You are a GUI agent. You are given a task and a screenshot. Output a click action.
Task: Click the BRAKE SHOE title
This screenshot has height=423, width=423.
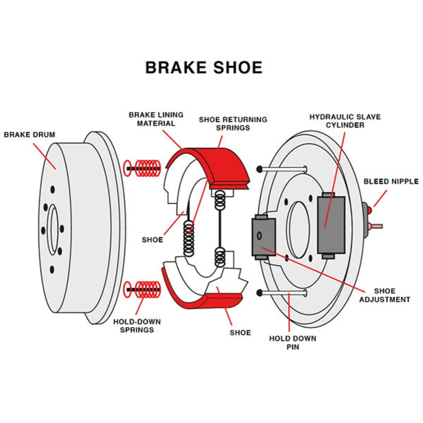click(204, 67)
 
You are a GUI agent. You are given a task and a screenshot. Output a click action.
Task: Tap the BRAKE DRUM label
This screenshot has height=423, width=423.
click(30, 134)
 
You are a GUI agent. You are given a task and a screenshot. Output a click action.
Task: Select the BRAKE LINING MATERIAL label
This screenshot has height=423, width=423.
click(156, 119)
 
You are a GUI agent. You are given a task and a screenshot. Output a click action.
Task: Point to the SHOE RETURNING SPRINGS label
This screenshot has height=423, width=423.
click(233, 123)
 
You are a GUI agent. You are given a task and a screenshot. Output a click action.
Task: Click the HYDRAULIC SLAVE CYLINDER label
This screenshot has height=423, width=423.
click(345, 121)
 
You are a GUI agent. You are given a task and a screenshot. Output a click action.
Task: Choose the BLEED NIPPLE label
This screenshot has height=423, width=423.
click(391, 181)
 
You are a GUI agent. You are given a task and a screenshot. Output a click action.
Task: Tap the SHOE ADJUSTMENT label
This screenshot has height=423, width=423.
click(385, 295)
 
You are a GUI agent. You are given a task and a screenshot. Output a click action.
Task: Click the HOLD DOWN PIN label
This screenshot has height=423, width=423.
click(293, 343)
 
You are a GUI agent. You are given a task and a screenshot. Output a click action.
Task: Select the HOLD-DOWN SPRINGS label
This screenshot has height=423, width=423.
click(137, 326)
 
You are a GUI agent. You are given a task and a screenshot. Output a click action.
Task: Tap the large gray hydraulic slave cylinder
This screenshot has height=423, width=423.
click(331, 225)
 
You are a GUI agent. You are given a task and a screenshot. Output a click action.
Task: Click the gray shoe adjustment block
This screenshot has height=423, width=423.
click(263, 237)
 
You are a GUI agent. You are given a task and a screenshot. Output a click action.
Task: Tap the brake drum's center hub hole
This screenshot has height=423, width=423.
click(53, 229)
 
